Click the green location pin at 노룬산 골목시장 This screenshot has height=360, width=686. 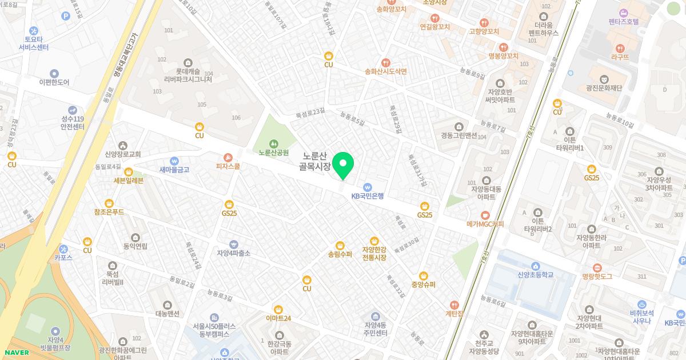(343, 165)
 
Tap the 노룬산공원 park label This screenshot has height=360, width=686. (273, 153)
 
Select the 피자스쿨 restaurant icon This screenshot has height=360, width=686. (228, 157)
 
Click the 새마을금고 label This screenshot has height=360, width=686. (174, 170)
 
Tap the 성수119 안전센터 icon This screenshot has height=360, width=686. (73, 110)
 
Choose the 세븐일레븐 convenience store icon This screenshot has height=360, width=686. (129, 171)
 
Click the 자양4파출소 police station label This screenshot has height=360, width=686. (233, 253)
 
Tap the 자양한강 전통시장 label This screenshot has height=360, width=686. (374, 254)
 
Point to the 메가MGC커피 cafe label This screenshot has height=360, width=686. (485, 224)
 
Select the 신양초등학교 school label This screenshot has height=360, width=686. (536, 275)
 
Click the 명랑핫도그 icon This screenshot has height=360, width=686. (597, 267)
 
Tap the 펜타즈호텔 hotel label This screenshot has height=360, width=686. (624, 22)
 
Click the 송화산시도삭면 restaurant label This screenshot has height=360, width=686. (386, 71)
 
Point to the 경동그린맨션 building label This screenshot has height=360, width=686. (459, 136)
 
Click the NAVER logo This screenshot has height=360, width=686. (17, 353)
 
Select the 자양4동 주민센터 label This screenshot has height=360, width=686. (376, 329)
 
